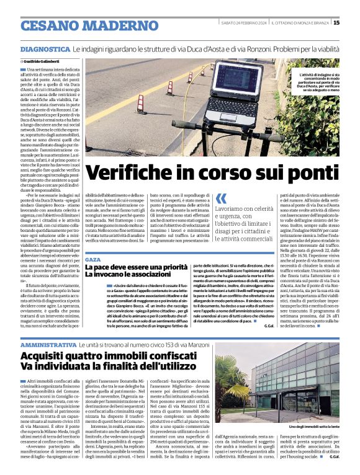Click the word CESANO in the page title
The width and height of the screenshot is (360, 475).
click(51, 26)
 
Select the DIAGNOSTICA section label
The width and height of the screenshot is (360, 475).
click(45, 48)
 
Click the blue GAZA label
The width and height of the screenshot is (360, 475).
click(92, 259)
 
